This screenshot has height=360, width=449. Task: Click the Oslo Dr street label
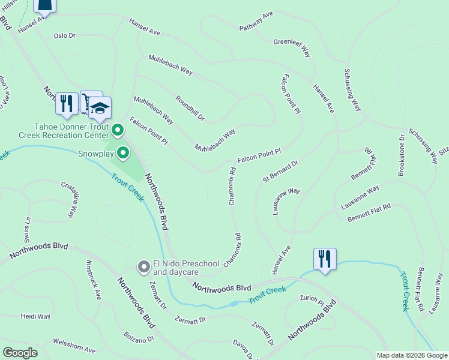[64, 36]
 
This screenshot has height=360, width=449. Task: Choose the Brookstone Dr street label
[402, 155]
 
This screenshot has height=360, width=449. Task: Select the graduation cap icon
[100, 107]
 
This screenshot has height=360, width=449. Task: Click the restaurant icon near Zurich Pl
[325, 259]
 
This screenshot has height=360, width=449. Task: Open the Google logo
[20, 353]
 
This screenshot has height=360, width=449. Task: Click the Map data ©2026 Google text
[412, 355]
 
